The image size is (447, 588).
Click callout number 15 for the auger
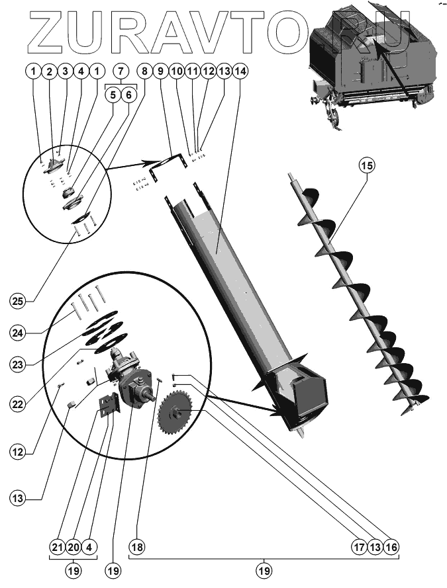point(366,166)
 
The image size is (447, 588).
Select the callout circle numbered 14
point(240,70)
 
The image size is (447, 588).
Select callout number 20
point(73,547)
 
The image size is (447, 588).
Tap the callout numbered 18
point(138,547)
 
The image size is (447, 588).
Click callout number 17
point(358,547)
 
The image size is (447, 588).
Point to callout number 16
point(391,547)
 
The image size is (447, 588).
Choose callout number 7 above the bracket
point(121,70)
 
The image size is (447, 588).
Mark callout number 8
point(144,70)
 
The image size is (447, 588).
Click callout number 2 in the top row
point(48,70)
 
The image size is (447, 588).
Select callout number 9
point(160,70)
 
